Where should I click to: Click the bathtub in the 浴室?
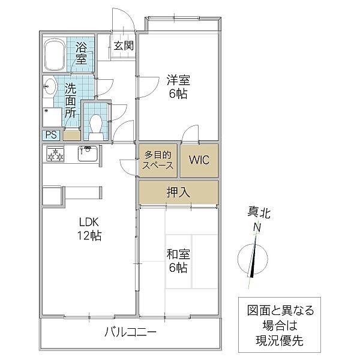coord(55,55)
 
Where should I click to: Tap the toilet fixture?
coord(95,124)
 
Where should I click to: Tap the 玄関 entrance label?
coord(124,46)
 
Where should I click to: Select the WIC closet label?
coord(199,160)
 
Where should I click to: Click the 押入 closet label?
coord(178,193)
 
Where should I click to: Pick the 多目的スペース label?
coord(158,160)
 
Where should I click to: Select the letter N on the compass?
coord(256,227)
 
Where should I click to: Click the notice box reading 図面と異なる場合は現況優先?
coord(280,326)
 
